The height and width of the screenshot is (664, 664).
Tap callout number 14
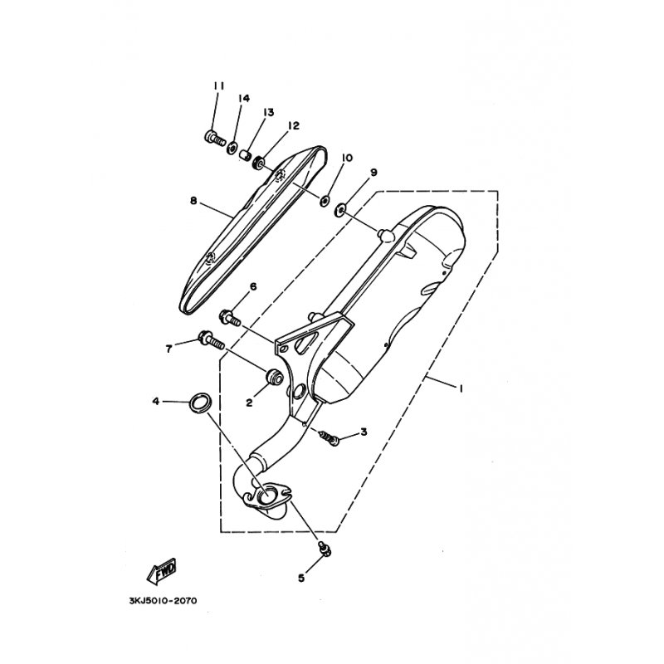(x=244, y=99)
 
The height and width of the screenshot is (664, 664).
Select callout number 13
(x=268, y=112)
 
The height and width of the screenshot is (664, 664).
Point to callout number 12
(x=293, y=126)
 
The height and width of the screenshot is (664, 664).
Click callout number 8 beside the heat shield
(x=193, y=201)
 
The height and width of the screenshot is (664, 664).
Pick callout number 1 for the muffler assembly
(x=460, y=388)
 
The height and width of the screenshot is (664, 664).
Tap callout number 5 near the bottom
(x=301, y=576)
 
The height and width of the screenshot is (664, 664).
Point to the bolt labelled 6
(x=230, y=316)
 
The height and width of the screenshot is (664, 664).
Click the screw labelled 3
(x=330, y=437)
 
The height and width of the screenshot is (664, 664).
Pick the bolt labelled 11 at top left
(x=212, y=139)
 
